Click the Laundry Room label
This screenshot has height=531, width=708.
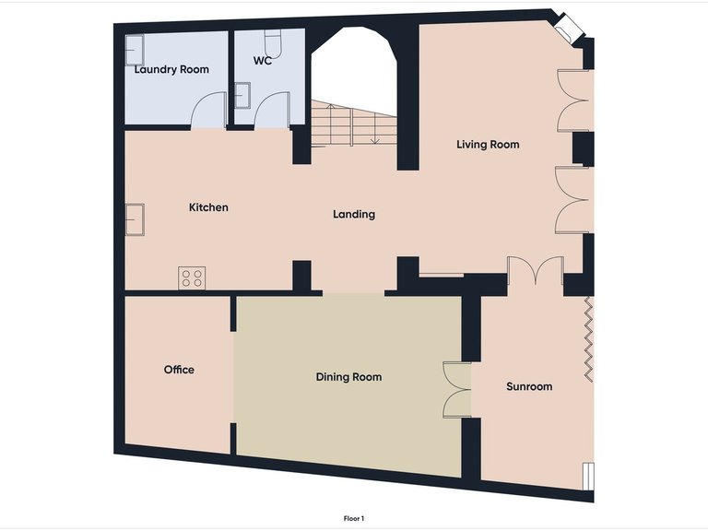[x=171, y=69]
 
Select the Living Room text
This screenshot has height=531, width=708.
[x=488, y=145]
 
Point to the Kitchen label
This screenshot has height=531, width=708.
[x=208, y=207]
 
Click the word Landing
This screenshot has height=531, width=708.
[x=354, y=215]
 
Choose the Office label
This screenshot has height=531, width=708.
[x=179, y=370]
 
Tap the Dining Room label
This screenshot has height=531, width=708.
[x=348, y=377]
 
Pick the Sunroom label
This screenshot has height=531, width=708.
[x=529, y=386]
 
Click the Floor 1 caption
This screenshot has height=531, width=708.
[x=354, y=519]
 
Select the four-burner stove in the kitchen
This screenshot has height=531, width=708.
[x=192, y=277]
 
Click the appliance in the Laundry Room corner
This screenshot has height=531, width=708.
[x=135, y=48]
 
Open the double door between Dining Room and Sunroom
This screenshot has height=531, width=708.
[x=455, y=390]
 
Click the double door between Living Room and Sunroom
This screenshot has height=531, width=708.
[x=535, y=271]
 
